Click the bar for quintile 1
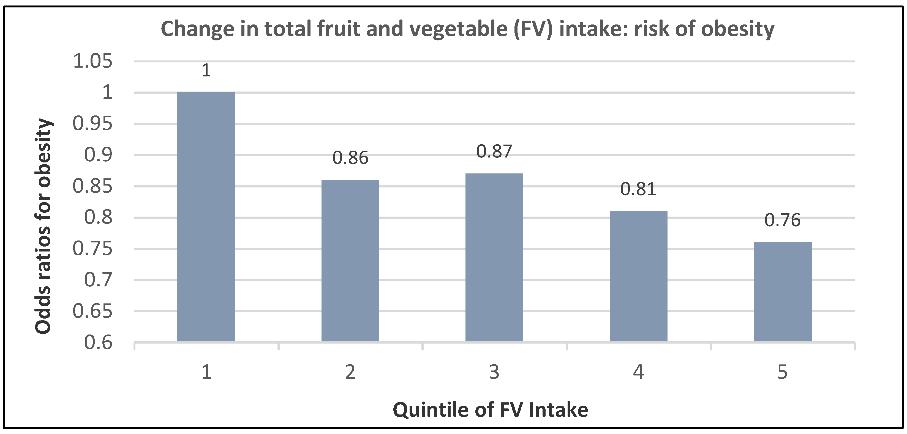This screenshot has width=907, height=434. [x=206, y=217]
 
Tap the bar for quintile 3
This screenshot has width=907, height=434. [x=494, y=258]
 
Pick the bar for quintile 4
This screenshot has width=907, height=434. [x=638, y=277]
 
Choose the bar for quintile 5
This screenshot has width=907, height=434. [x=782, y=292]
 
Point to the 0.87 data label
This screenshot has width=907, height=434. [x=494, y=151]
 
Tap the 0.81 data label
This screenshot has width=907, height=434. [x=638, y=189]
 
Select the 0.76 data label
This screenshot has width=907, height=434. [x=782, y=220]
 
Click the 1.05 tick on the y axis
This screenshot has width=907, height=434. [x=92, y=61]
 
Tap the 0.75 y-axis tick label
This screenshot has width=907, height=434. [x=92, y=249]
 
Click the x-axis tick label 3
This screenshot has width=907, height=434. [x=494, y=372]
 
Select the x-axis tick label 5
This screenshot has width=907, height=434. [x=782, y=372]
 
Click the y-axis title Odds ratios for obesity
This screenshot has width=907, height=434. [x=44, y=226]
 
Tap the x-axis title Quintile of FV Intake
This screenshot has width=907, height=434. [x=491, y=410]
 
